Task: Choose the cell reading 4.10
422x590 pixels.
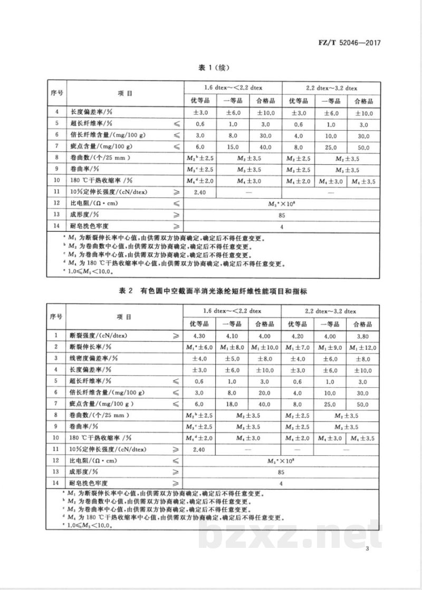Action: click(233, 335)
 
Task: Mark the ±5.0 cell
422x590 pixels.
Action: click(233, 358)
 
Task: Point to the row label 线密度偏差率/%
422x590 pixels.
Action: click(92, 358)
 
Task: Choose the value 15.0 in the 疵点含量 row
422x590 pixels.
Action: click(233, 147)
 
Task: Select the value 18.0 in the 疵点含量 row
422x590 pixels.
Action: click(233, 404)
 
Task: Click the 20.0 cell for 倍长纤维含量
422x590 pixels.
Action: click(266, 392)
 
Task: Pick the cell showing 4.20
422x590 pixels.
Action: click(299, 335)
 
